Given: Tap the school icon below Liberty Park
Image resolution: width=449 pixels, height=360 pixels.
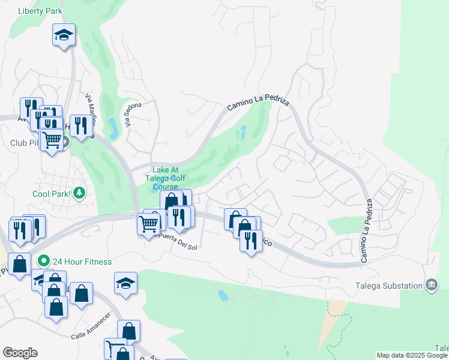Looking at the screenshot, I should tap(63, 35).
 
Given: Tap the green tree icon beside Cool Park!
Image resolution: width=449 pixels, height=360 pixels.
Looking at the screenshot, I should tap(79, 193).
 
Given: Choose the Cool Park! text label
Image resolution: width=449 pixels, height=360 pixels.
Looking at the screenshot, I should tap(52, 194).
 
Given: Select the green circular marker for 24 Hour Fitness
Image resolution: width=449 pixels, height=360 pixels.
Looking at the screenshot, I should tap(43, 262).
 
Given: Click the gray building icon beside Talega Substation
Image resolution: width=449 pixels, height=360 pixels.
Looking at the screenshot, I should tap(431, 285).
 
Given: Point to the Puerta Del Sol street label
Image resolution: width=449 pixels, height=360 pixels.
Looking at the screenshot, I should tap(176, 241).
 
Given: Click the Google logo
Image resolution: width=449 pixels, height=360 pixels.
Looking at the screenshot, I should tap(20, 353).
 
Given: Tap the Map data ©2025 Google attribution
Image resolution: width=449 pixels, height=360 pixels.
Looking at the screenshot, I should tap(412, 355).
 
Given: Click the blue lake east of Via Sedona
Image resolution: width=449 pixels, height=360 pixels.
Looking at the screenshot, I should tap(113, 125).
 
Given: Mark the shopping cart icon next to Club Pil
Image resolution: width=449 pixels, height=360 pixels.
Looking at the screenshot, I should tap(52, 140).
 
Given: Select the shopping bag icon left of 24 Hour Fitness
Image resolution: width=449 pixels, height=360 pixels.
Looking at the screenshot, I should tap(20, 263).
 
